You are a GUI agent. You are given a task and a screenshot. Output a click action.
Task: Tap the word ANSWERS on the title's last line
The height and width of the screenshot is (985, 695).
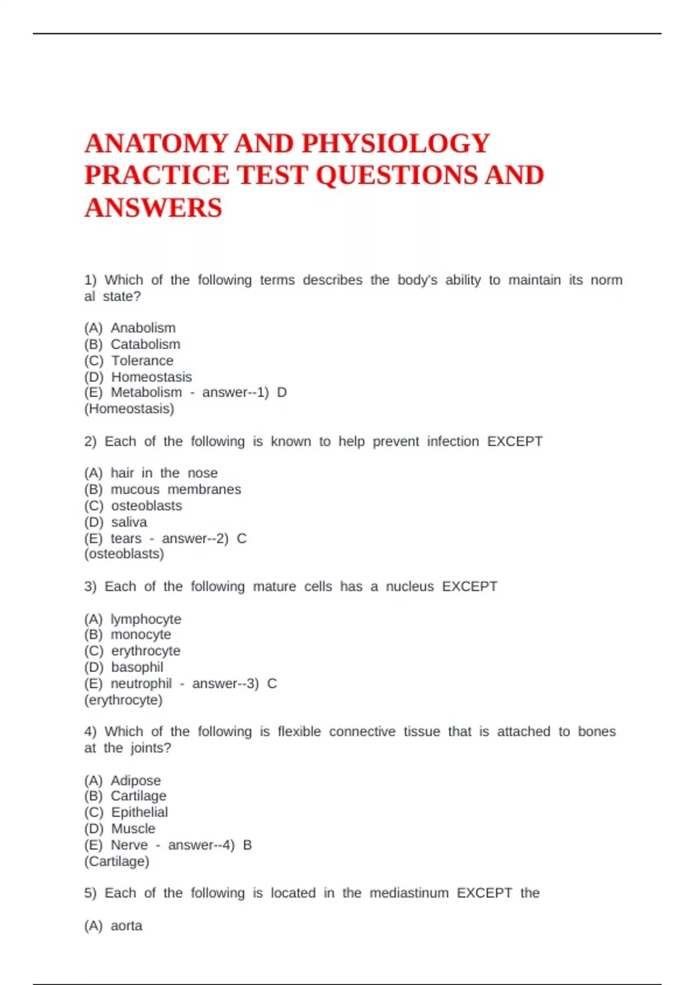click(153, 208)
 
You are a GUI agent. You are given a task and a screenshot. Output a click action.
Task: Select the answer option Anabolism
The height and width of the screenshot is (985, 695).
click(143, 328)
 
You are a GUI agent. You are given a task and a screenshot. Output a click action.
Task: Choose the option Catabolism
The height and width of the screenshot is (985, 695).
click(145, 344)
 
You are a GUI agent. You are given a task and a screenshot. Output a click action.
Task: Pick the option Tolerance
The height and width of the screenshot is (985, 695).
click(142, 360)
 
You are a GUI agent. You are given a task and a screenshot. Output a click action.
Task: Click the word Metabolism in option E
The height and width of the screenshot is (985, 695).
click(146, 392)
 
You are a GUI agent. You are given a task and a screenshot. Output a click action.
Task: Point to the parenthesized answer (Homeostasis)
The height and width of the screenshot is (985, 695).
click(129, 408)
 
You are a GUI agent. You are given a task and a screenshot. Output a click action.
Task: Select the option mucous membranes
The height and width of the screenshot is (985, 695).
click(175, 489)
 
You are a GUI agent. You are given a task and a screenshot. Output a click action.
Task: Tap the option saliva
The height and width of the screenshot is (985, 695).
click(129, 521)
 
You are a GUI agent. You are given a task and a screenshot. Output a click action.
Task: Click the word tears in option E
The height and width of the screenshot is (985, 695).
click(126, 538)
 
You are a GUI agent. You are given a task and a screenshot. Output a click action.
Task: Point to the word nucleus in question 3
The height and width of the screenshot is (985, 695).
click(409, 586)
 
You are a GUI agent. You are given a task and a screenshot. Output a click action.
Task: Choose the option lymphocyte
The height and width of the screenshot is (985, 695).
click(146, 619)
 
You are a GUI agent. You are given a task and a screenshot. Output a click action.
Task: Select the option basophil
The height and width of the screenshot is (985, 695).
click(137, 667)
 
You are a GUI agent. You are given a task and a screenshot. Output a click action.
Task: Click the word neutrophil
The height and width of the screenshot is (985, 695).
click(141, 684)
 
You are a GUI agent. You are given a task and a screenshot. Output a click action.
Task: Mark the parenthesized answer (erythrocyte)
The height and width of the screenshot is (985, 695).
click(123, 700)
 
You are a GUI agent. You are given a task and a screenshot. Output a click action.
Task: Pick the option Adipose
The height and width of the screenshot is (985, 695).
click(136, 780)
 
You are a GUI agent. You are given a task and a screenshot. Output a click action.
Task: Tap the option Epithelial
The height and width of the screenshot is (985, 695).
click(140, 812)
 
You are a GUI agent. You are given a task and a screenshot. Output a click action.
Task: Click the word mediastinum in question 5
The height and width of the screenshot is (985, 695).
click(409, 893)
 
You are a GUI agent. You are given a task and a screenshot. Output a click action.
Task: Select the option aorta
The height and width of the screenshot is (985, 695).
click(126, 925)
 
